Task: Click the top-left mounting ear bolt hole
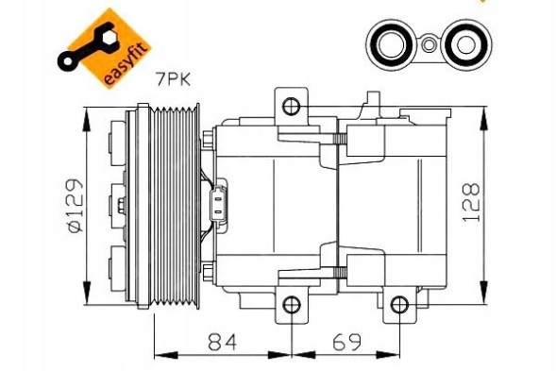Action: [292, 104]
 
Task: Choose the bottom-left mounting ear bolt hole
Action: [292, 304]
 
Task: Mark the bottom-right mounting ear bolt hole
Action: [401, 304]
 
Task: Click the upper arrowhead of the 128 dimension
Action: [486, 118]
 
